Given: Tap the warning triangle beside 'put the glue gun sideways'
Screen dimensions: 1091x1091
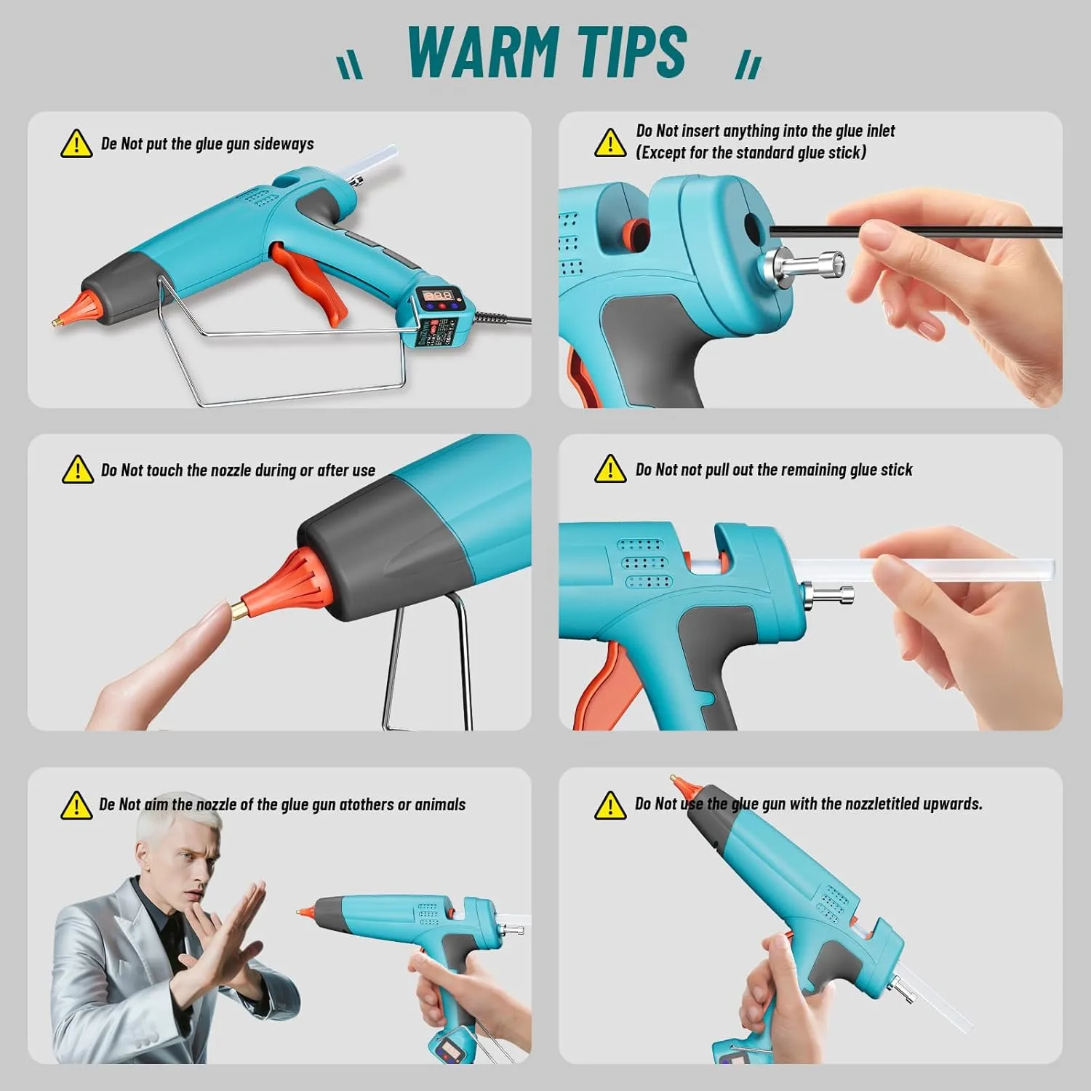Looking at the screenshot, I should (76, 145).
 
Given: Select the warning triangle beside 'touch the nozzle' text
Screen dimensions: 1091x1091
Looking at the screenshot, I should (77, 471).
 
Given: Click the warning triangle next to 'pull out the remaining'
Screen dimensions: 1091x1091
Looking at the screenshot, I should (610, 470).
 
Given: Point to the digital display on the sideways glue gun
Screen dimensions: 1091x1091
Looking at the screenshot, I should (439, 296).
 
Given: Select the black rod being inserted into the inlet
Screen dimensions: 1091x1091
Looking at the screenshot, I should (909, 231).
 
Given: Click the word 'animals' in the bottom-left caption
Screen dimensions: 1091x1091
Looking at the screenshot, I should (441, 804).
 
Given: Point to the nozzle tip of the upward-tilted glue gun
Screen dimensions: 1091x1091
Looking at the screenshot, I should (679, 783).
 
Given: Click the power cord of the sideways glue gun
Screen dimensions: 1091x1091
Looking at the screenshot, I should (502, 319).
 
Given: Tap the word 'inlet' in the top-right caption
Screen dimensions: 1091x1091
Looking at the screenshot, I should (880, 131).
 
